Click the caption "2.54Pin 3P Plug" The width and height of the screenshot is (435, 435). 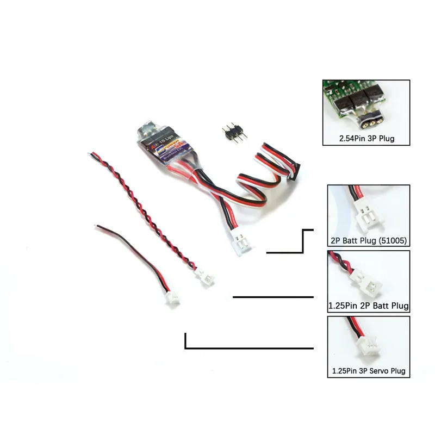click(366, 139)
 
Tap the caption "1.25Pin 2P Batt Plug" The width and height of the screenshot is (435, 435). click(369, 306)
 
